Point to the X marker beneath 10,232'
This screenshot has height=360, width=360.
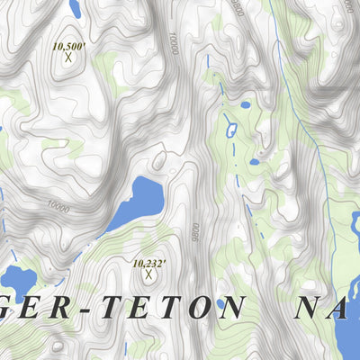tap(148, 275)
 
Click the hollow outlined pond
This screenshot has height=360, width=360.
tap(231, 130)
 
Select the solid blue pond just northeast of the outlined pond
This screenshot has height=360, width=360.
tap(246, 105)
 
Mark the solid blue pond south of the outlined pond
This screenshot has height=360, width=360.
tap(255, 163)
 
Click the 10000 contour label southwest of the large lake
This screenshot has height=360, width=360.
tap(58, 206)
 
